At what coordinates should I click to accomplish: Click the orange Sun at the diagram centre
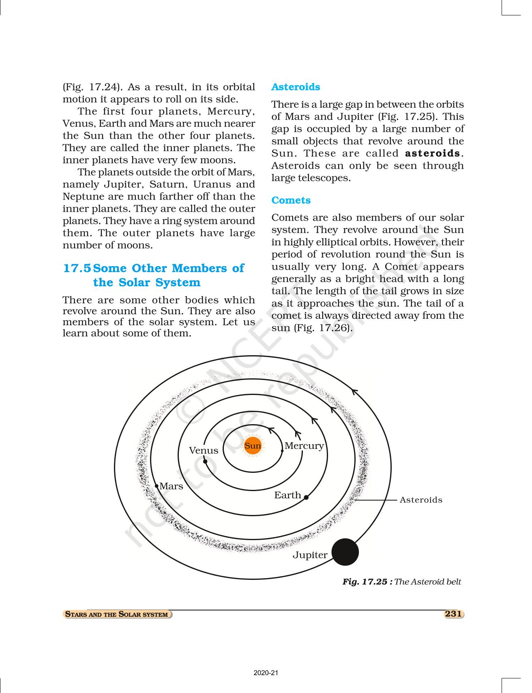253,446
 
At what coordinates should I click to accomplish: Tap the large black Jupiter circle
345,552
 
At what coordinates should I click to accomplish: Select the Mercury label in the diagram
304,446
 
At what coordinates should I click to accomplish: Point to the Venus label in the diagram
204,451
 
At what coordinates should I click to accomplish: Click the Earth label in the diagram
287,495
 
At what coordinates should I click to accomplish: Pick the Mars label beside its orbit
171,486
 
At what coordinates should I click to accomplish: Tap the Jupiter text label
310,555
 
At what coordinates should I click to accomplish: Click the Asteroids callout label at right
421,500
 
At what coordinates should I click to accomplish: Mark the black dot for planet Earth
306,498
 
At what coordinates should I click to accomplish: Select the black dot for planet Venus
205,461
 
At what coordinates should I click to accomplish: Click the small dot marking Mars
157,485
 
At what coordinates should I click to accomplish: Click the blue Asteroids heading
296,87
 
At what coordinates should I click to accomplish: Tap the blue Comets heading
291,200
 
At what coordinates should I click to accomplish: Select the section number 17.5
77,268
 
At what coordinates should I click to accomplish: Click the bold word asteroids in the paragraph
433,154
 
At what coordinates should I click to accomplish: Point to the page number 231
453,614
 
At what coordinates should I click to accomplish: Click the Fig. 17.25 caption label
367,582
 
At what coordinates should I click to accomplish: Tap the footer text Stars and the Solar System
117,614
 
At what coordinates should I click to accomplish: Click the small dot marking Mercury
282,450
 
